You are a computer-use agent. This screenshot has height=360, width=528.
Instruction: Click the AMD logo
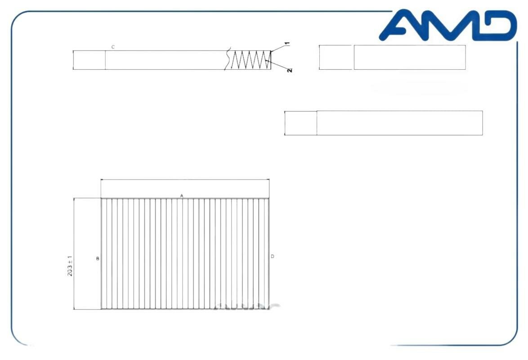[448, 26]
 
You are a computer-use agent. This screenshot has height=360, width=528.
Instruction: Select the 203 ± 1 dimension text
[71, 265]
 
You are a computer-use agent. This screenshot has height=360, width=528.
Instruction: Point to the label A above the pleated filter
[182, 196]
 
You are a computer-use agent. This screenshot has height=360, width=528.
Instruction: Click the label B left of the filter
[97, 259]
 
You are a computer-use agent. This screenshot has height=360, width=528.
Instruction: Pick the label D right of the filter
[273, 256]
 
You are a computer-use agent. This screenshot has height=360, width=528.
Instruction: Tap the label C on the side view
[113, 47]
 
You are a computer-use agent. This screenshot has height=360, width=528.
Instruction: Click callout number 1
[287, 44]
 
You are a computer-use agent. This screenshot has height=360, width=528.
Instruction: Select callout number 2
[289, 70]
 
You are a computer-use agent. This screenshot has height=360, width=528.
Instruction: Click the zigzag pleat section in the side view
[251, 60]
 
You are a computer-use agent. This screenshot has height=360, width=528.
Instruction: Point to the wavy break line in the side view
[228, 59]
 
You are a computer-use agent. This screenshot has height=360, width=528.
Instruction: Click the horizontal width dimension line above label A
[185, 180]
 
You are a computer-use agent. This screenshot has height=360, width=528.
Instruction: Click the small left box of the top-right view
[336, 57]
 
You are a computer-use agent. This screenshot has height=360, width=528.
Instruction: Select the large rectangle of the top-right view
[409, 57]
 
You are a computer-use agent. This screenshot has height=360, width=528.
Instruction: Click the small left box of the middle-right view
[300, 123]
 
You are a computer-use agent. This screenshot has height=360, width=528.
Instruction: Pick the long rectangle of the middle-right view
[399, 123]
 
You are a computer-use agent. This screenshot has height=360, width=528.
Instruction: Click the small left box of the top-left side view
[89, 60]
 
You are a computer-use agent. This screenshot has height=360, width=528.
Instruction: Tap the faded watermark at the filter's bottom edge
[246, 307]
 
